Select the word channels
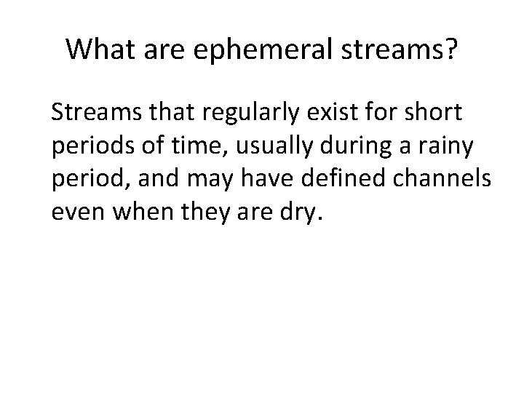click(x=455, y=179)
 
